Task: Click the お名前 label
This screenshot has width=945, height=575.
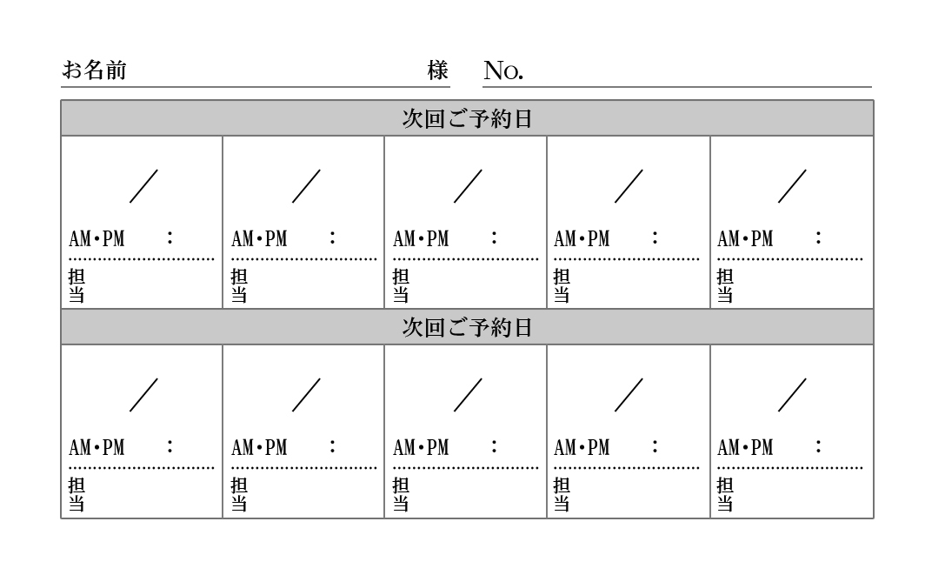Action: pos(94,70)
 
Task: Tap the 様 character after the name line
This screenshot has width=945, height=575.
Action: pos(438,70)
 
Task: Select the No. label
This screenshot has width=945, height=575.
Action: pos(503,70)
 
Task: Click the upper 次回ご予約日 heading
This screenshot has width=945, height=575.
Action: pos(467,118)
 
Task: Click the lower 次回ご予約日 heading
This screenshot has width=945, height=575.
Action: pos(467,327)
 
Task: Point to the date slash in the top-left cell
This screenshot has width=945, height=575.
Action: pos(143,186)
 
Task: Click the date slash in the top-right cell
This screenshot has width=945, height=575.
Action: pos(792,186)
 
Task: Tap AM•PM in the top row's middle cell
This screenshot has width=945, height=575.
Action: pos(422,239)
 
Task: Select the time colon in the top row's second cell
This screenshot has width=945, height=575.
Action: pos(332,237)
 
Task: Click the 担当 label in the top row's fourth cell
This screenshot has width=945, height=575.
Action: pos(562,285)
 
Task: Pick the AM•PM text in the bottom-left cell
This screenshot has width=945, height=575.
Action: pos(97,448)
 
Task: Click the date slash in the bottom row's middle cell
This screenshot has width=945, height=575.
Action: pos(468,395)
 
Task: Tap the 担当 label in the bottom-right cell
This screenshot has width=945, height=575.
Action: pos(725,494)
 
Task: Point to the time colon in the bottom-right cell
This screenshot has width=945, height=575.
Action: pos(818,446)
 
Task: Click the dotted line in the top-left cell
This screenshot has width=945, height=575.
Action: pos(142,259)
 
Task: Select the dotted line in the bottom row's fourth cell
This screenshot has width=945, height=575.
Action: pos(627,468)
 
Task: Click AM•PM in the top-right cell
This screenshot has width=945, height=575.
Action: pos(746,239)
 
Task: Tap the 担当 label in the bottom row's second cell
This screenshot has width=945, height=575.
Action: pos(239,494)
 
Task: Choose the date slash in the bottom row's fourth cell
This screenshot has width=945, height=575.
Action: pos(629,395)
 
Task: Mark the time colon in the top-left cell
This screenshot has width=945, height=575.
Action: pos(170,237)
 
